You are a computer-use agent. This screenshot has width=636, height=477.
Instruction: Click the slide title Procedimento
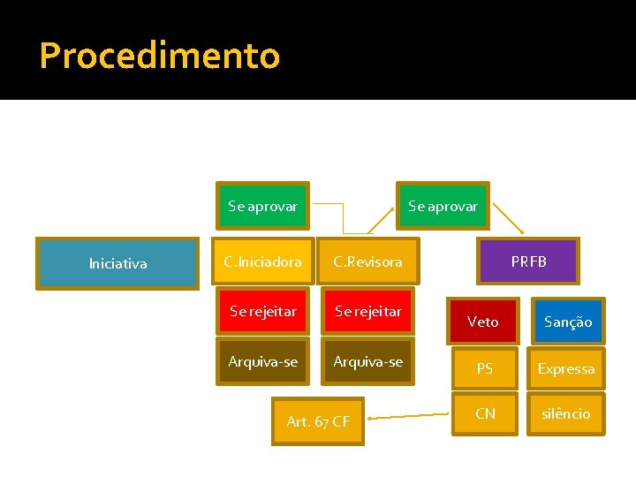160,56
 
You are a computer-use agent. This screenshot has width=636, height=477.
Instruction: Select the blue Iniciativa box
117,263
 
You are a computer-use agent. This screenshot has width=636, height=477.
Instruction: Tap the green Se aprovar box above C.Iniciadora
262,207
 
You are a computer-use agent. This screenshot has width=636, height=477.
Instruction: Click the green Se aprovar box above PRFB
443,207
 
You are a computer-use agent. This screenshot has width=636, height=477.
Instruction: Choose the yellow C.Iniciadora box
262,261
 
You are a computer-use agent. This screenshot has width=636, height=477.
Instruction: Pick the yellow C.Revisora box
367,261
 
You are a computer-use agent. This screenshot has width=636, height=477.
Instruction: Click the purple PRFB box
528,261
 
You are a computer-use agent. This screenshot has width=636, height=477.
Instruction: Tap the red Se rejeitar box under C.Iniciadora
262,311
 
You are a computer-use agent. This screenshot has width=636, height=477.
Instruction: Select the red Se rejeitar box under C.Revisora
367,311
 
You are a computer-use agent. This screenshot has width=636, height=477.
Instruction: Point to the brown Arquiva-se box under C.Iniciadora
262,361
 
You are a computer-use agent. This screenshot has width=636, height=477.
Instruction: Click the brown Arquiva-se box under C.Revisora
367,361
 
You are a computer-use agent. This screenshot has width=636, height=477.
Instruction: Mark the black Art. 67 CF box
318,421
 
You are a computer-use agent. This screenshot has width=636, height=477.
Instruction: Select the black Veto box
482,322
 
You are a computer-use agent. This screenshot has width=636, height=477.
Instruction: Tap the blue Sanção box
567,322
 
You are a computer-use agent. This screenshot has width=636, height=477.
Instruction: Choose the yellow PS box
484,368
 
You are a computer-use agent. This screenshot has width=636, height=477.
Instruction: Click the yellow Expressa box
566,368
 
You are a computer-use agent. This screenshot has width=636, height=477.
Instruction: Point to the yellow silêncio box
566,413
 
